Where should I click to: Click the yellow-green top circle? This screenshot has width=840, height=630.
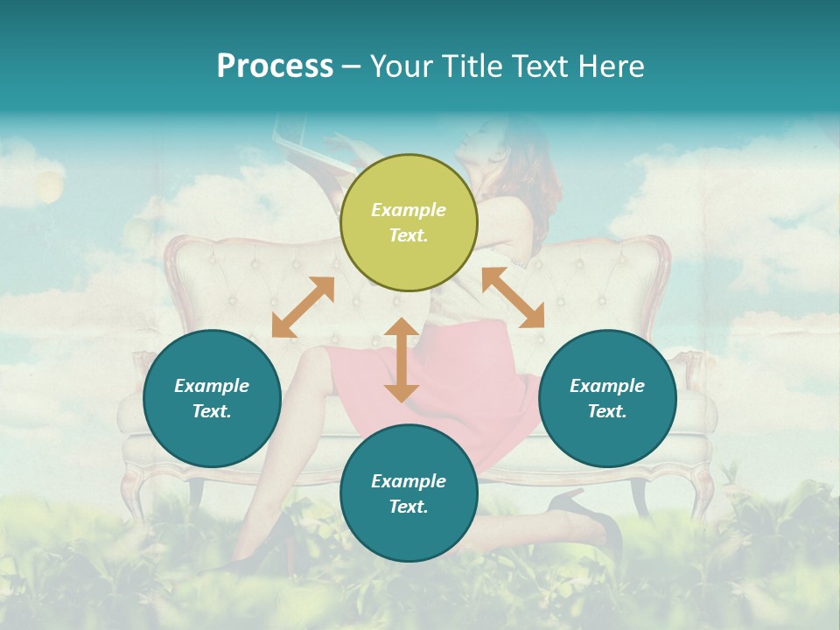(x=409, y=222)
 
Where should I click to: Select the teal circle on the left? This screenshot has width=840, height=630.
(x=212, y=398)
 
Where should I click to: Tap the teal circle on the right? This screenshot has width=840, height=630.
(x=607, y=398)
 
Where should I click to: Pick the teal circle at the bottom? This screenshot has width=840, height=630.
(x=409, y=493)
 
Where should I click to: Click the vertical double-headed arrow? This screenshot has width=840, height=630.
(x=402, y=360)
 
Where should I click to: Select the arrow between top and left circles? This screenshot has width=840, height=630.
(x=303, y=307)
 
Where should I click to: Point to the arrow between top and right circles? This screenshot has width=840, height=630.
(x=513, y=297)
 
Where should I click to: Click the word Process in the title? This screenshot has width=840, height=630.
(x=275, y=66)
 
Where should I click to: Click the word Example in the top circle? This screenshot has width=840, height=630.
(x=409, y=210)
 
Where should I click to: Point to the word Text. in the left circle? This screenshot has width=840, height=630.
(x=212, y=411)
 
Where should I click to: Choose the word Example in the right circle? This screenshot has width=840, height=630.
(x=607, y=386)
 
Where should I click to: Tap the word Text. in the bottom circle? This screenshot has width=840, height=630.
(x=409, y=507)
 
